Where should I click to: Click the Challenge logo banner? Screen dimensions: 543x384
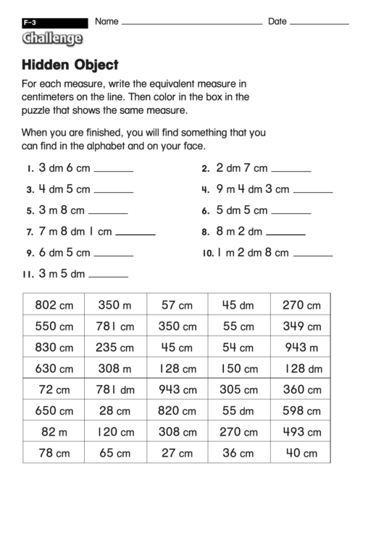point(51,39)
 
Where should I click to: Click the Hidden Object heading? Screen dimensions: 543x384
point(70,65)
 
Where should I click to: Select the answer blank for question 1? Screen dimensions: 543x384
point(114,170)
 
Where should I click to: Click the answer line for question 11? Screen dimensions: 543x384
point(108,276)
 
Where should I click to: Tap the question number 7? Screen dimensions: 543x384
point(30,233)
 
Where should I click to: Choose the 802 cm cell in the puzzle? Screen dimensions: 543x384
point(54,305)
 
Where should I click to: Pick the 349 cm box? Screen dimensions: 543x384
point(301,326)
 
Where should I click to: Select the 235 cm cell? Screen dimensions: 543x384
point(115,347)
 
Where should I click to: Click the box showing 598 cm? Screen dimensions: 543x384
point(301,410)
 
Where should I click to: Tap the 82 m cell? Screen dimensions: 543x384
point(54,431)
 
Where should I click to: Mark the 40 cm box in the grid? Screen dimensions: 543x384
point(301,453)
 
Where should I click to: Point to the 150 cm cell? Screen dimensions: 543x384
point(239,368)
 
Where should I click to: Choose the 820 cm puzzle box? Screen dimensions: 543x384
point(178,410)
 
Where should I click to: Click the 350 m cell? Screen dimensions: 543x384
point(115,305)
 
